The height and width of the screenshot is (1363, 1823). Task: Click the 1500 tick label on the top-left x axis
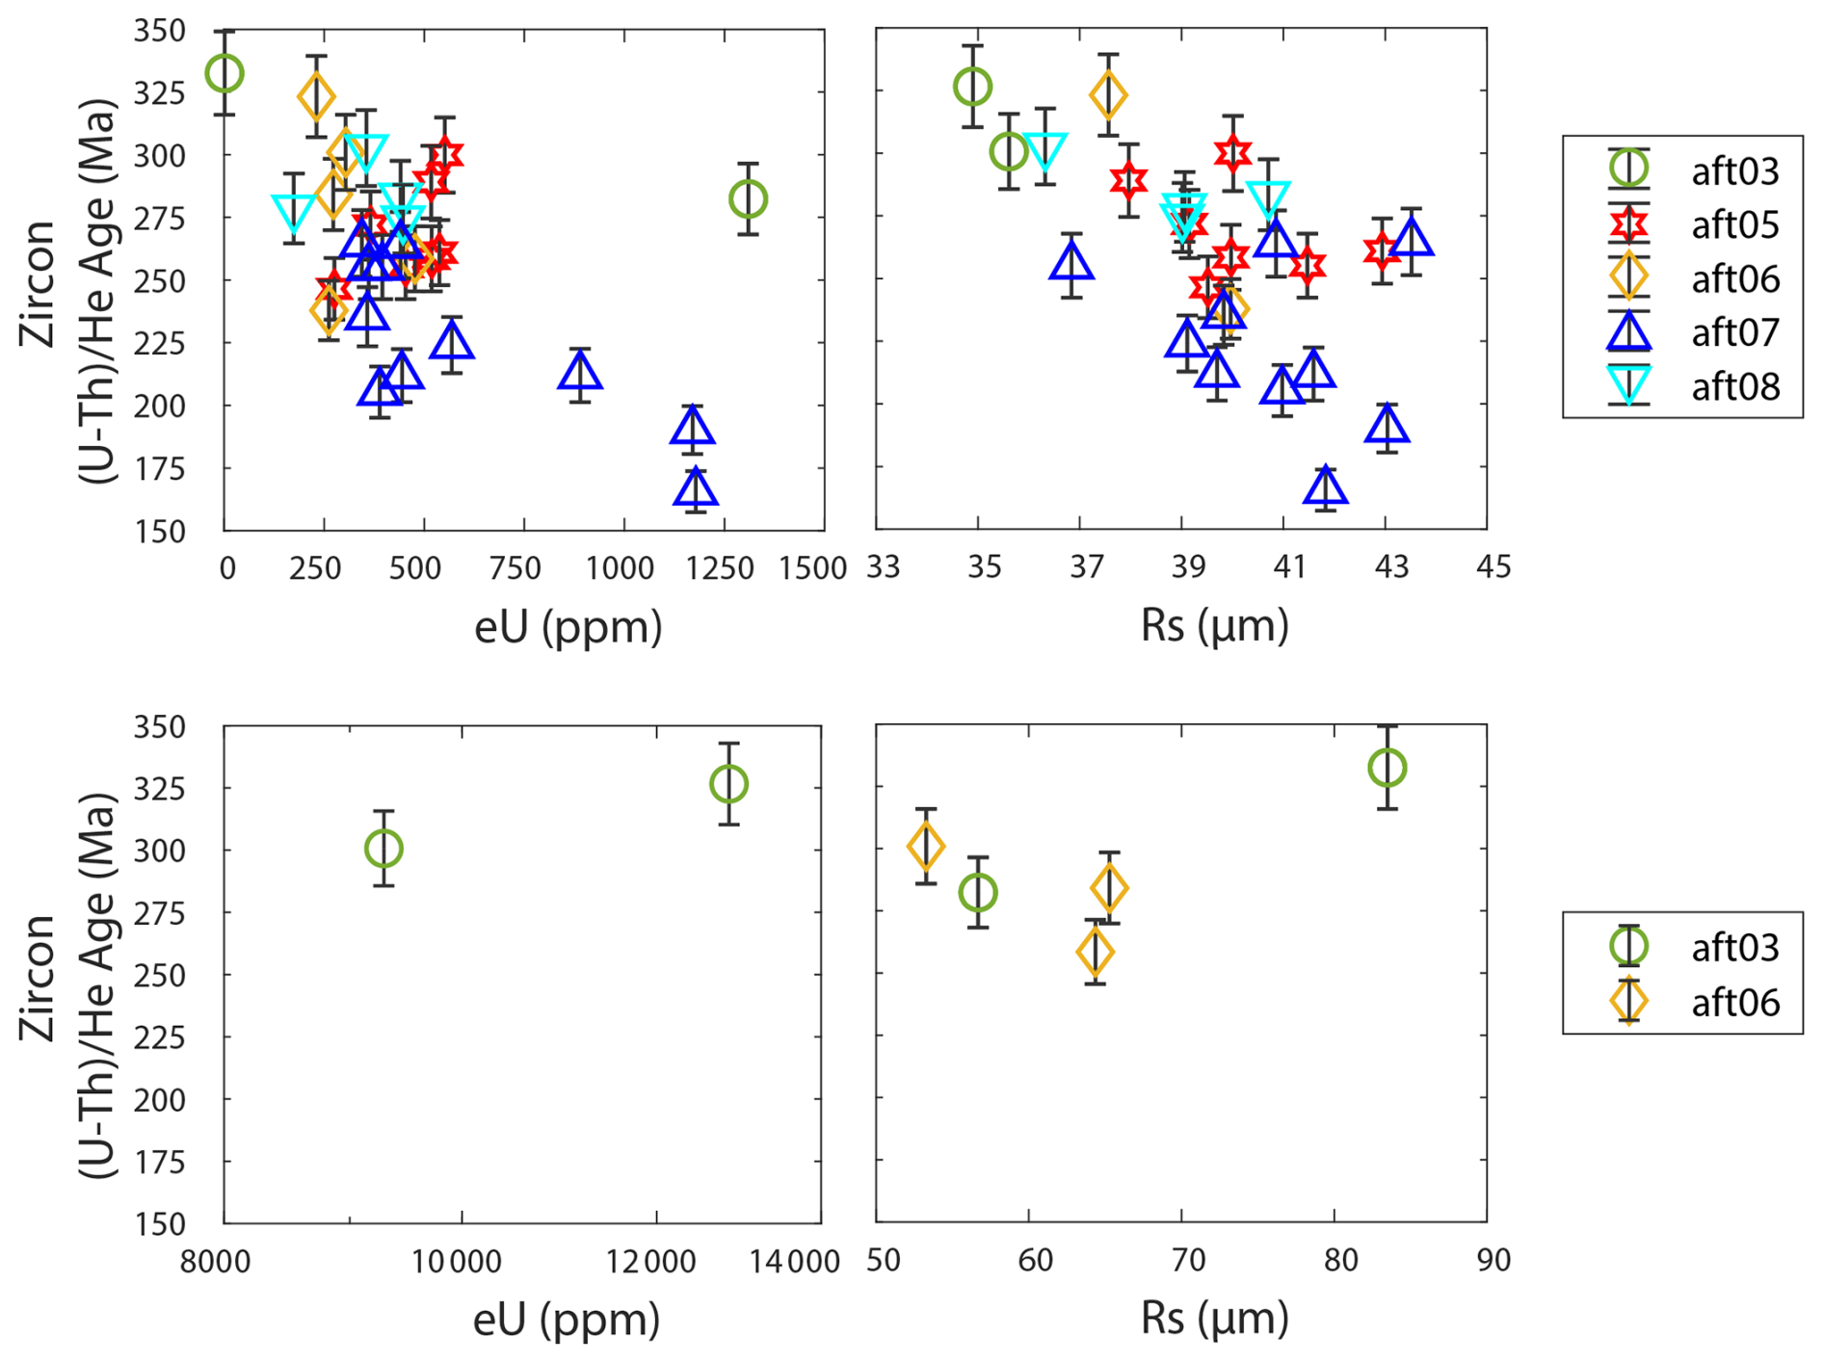click(812, 568)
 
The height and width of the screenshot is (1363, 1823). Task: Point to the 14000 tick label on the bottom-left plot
click(796, 1261)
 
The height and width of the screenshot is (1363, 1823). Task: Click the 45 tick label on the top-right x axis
click(1493, 566)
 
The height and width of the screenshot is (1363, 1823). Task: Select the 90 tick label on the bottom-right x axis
click(1493, 1259)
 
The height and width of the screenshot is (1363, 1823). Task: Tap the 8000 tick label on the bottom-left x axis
click(216, 1261)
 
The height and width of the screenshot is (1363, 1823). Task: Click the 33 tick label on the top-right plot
click(884, 566)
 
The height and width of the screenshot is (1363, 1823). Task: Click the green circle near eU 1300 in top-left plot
click(749, 199)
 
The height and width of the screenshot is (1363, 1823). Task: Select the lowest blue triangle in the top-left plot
click(696, 488)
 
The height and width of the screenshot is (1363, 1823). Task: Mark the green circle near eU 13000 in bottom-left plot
click(728, 784)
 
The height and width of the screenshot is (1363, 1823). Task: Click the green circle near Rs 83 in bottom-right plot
click(1387, 768)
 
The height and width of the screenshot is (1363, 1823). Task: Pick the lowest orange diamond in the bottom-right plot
click(1095, 952)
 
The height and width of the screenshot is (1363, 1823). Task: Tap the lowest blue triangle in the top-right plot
click(1326, 486)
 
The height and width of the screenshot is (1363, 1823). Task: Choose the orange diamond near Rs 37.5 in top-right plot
click(1108, 94)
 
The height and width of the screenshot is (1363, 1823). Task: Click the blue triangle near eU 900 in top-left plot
click(580, 372)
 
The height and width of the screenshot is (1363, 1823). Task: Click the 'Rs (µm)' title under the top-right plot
click(1214, 626)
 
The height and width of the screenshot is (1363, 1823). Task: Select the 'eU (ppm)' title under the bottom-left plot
click(567, 1319)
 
